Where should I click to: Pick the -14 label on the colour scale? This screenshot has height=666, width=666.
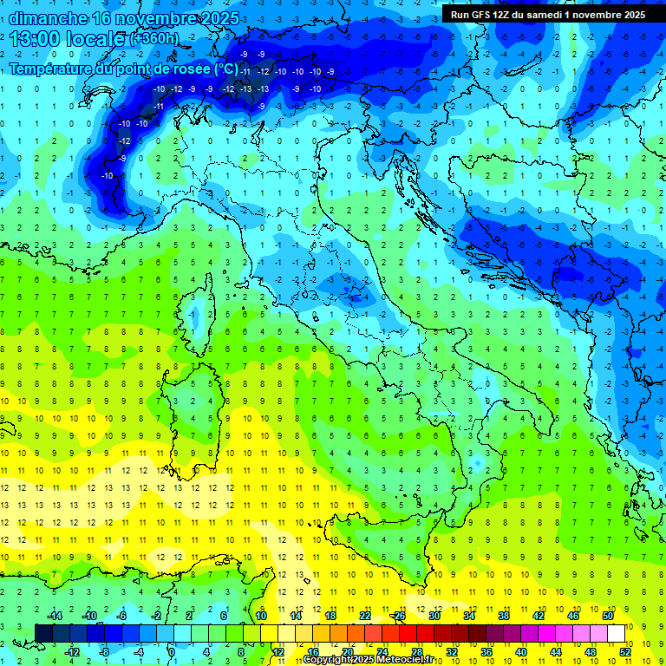click(54, 616)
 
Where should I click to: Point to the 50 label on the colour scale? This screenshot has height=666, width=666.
click(607, 616)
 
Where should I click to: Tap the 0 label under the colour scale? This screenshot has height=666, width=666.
click(172, 652)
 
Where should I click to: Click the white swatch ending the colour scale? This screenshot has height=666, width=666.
click(617, 633)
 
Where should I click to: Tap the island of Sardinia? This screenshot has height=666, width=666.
click(193, 416)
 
